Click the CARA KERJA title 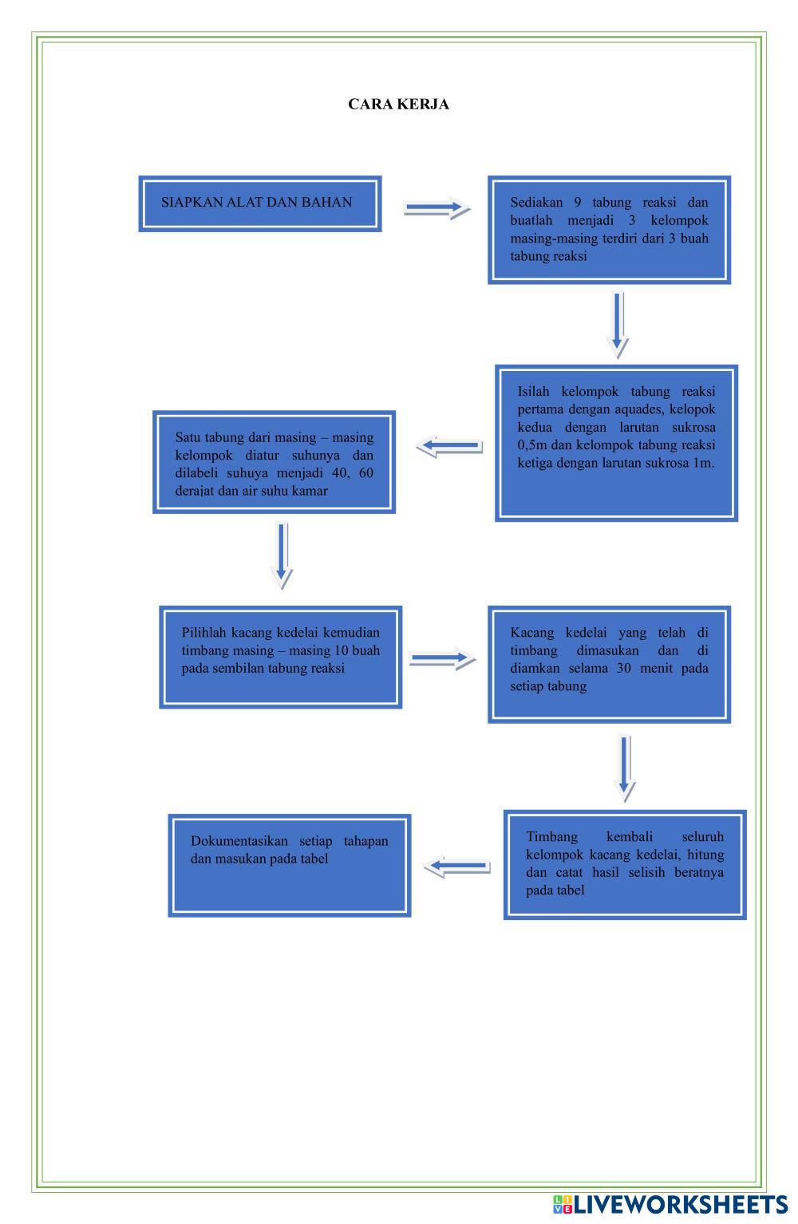tap(398, 105)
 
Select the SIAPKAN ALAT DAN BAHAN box tap(259, 203)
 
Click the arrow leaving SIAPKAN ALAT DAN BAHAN tap(436, 209)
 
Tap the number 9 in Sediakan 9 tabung tap(577, 203)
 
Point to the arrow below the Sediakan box tap(617, 323)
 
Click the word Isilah tap(535, 392)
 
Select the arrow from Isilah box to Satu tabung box tap(449, 446)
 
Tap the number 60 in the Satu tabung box tap(365, 473)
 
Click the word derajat tap(195, 491)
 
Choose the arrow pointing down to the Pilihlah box tap(282, 555)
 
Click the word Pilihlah tap(203, 633)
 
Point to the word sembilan tap(234, 668)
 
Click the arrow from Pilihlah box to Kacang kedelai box tap(441, 659)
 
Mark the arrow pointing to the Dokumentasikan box tap(456, 866)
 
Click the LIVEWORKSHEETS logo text tap(680, 1204)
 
